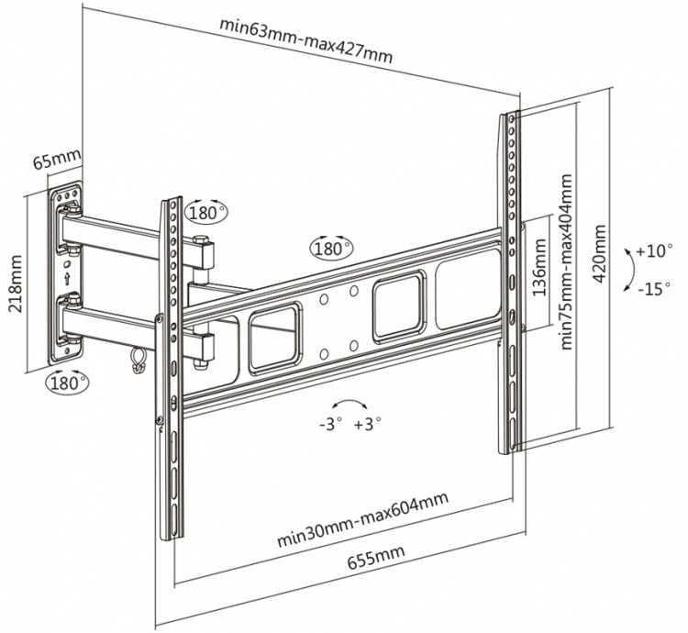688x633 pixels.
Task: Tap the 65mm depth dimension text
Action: click(56, 161)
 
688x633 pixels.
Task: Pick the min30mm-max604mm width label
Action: click(362, 519)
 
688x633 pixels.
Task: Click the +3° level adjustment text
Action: click(368, 424)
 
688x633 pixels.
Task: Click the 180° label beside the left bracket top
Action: click(206, 212)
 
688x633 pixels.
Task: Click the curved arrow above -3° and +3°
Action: click(350, 404)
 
